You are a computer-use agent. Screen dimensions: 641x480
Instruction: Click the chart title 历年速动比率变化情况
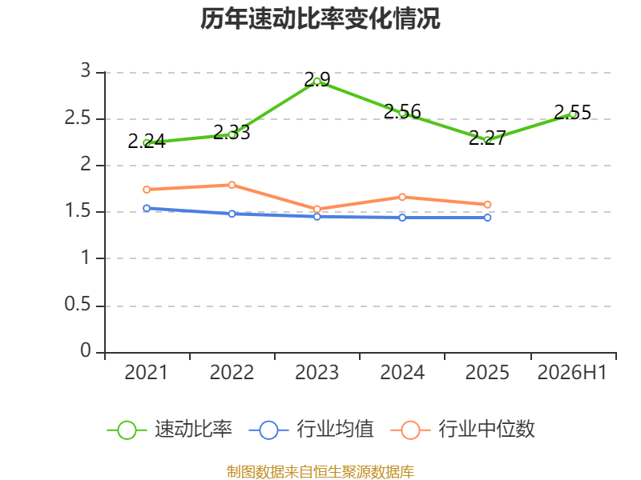(320, 18)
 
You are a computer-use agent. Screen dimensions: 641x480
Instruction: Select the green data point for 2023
(316, 82)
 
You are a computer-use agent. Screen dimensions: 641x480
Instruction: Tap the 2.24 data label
(147, 142)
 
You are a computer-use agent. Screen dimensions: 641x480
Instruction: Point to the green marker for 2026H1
(573, 114)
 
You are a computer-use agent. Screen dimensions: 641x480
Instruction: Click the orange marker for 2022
(232, 185)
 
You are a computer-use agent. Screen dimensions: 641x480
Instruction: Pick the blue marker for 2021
(147, 208)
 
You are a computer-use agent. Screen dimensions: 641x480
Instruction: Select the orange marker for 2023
(316, 210)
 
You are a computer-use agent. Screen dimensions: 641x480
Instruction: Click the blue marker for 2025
(487, 218)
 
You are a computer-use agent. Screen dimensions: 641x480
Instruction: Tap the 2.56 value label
(402, 111)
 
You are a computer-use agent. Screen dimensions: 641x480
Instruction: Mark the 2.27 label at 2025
(487, 138)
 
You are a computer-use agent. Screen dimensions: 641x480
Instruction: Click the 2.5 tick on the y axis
(78, 118)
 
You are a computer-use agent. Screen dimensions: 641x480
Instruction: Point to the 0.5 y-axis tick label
(78, 304)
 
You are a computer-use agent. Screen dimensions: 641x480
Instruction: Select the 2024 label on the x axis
(402, 372)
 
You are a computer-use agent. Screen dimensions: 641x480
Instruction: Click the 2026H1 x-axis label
(572, 372)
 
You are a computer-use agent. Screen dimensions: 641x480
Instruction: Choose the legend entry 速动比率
(170, 430)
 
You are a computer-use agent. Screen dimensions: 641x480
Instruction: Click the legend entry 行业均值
(311, 430)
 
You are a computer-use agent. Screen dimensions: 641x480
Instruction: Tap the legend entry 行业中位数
(463, 430)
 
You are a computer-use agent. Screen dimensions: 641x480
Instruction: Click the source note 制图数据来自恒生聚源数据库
(320, 472)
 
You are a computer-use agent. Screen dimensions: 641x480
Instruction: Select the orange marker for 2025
(487, 205)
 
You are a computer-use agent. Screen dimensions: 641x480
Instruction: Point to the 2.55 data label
(573, 112)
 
